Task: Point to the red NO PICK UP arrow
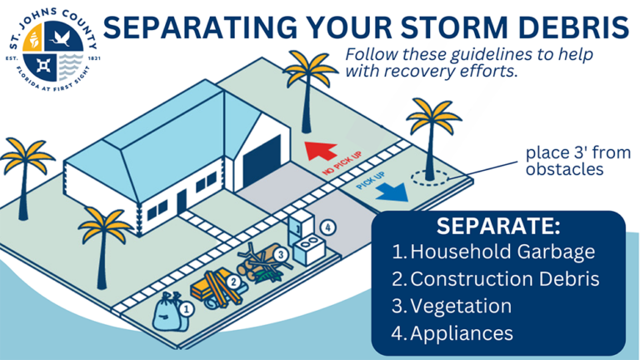[x=320, y=152]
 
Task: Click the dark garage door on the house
[x=262, y=163]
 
